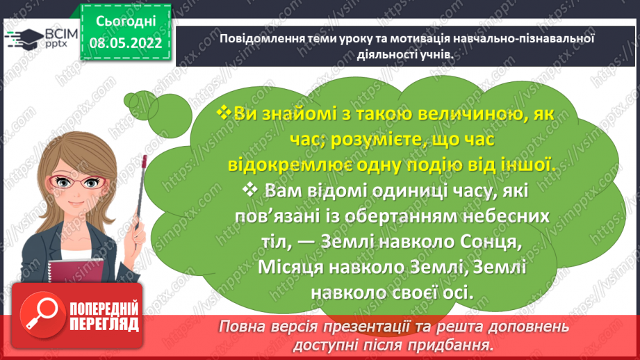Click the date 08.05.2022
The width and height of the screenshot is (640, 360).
coord(130,43)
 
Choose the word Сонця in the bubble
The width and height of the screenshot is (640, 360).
coord(503,241)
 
